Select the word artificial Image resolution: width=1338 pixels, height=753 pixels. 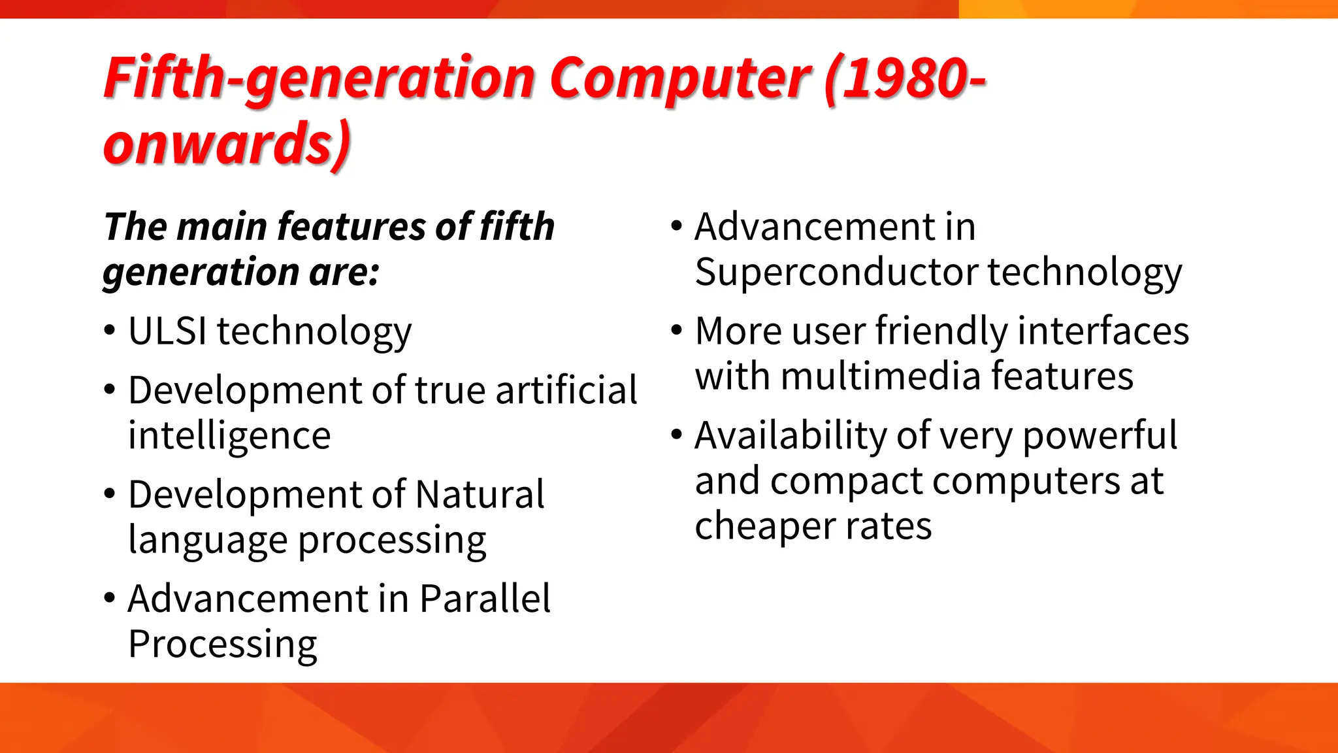[566, 390]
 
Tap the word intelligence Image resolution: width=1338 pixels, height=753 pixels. [229, 436]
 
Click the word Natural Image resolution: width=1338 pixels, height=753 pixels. [480, 495]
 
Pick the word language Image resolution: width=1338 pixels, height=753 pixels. [208, 541]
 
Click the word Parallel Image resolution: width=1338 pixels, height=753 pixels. [485, 599]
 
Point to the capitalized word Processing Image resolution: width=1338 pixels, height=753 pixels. [223, 644]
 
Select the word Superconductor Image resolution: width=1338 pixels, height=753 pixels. [836, 272]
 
